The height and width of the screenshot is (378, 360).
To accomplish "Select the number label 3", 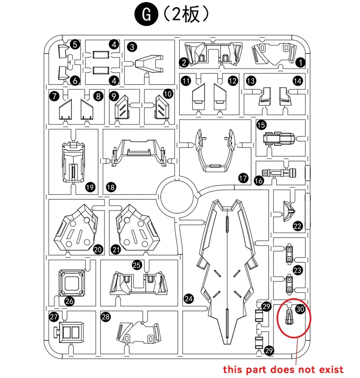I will [x=132, y=47].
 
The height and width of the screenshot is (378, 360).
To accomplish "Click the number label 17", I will [x=243, y=179].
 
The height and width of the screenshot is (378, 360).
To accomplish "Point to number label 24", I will [x=189, y=299].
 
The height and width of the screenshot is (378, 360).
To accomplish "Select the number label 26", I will [x=69, y=301].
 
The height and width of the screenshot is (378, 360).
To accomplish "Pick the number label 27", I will [x=54, y=317].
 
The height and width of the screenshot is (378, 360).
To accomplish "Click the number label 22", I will [x=297, y=226].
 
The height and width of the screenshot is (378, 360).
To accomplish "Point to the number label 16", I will [x=259, y=181].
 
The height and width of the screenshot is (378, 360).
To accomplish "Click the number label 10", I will [x=167, y=94].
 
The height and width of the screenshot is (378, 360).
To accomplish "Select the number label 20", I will [x=98, y=249].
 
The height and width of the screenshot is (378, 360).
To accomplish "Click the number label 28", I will [x=105, y=317].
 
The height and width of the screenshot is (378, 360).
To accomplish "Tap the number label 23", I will [x=297, y=270].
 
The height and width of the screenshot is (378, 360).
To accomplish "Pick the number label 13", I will [x=251, y=81].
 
